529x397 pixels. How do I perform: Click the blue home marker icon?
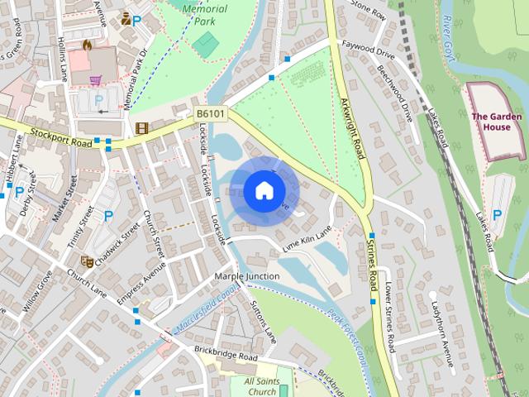[x=264, y=190]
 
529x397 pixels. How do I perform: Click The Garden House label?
[x=496, y=122]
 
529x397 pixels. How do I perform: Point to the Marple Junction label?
[x=246, y=275]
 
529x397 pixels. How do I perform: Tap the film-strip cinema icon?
[x=141, y=128]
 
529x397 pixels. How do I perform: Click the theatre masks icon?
[x=87, y=262]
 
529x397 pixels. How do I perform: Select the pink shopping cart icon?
[x=96, y=80]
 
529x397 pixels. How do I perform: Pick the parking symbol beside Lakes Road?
[x=497, y=214]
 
